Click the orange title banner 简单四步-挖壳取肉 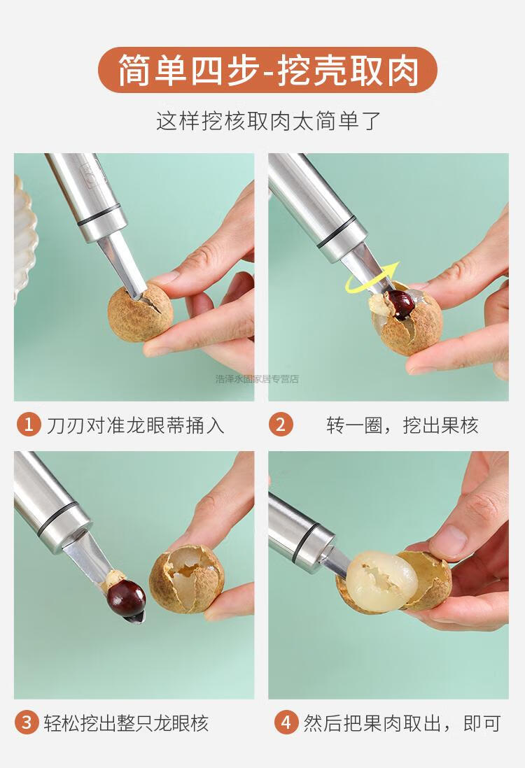pos(267,70)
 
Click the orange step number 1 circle pos(29,424)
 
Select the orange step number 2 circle pos(281,424)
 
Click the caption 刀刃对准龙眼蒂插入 pos(135,425)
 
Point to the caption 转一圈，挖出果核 pos(402,425)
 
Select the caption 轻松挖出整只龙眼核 pos(127,723)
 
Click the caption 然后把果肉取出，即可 pos(402,723)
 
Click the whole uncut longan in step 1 pos(140,313)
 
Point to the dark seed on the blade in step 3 pos(127,599)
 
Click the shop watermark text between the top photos pos(257,378)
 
